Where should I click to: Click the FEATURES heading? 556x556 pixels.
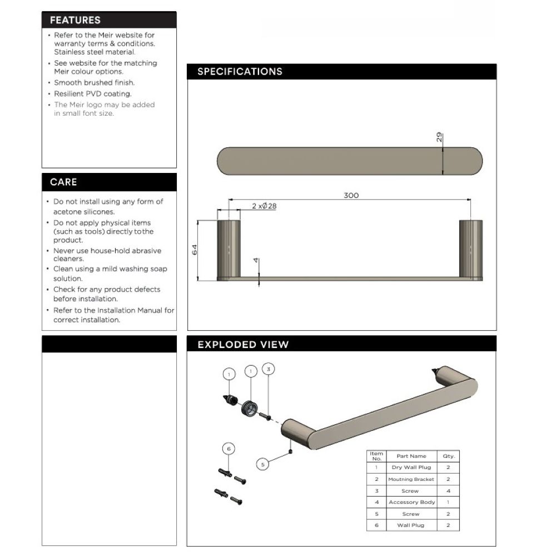click(x=75, y=20)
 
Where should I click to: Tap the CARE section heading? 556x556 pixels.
click(x=63, y=182)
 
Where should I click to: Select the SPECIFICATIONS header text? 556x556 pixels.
click(x=240, y=72)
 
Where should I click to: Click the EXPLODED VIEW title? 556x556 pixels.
click(x=243, y=345)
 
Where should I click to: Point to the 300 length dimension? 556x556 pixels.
click(x=351, y=195)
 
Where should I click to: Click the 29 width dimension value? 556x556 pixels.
click(x=439, y=137)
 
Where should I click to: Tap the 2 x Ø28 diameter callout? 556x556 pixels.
click(x=264, y=206)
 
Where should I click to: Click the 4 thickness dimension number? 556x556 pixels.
click(x=256, y=262)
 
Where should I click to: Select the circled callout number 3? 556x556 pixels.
click(x=269, y=369)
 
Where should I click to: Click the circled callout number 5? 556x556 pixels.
click(x=264, y=463)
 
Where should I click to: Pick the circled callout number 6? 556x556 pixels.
click(x=229, y=448)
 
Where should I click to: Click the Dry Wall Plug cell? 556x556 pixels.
click(x=411, y=467)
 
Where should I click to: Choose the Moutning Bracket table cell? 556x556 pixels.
click(x=411, y=479)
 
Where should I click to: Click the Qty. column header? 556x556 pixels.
click(x=449, y=456)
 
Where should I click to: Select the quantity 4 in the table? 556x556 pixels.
click(x=449, y=491)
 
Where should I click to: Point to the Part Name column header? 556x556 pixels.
click(x=411, y=456)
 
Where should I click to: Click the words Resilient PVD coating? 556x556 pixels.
click(x=93, y=94)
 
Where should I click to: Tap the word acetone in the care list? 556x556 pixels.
click(x=68, y=212)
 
